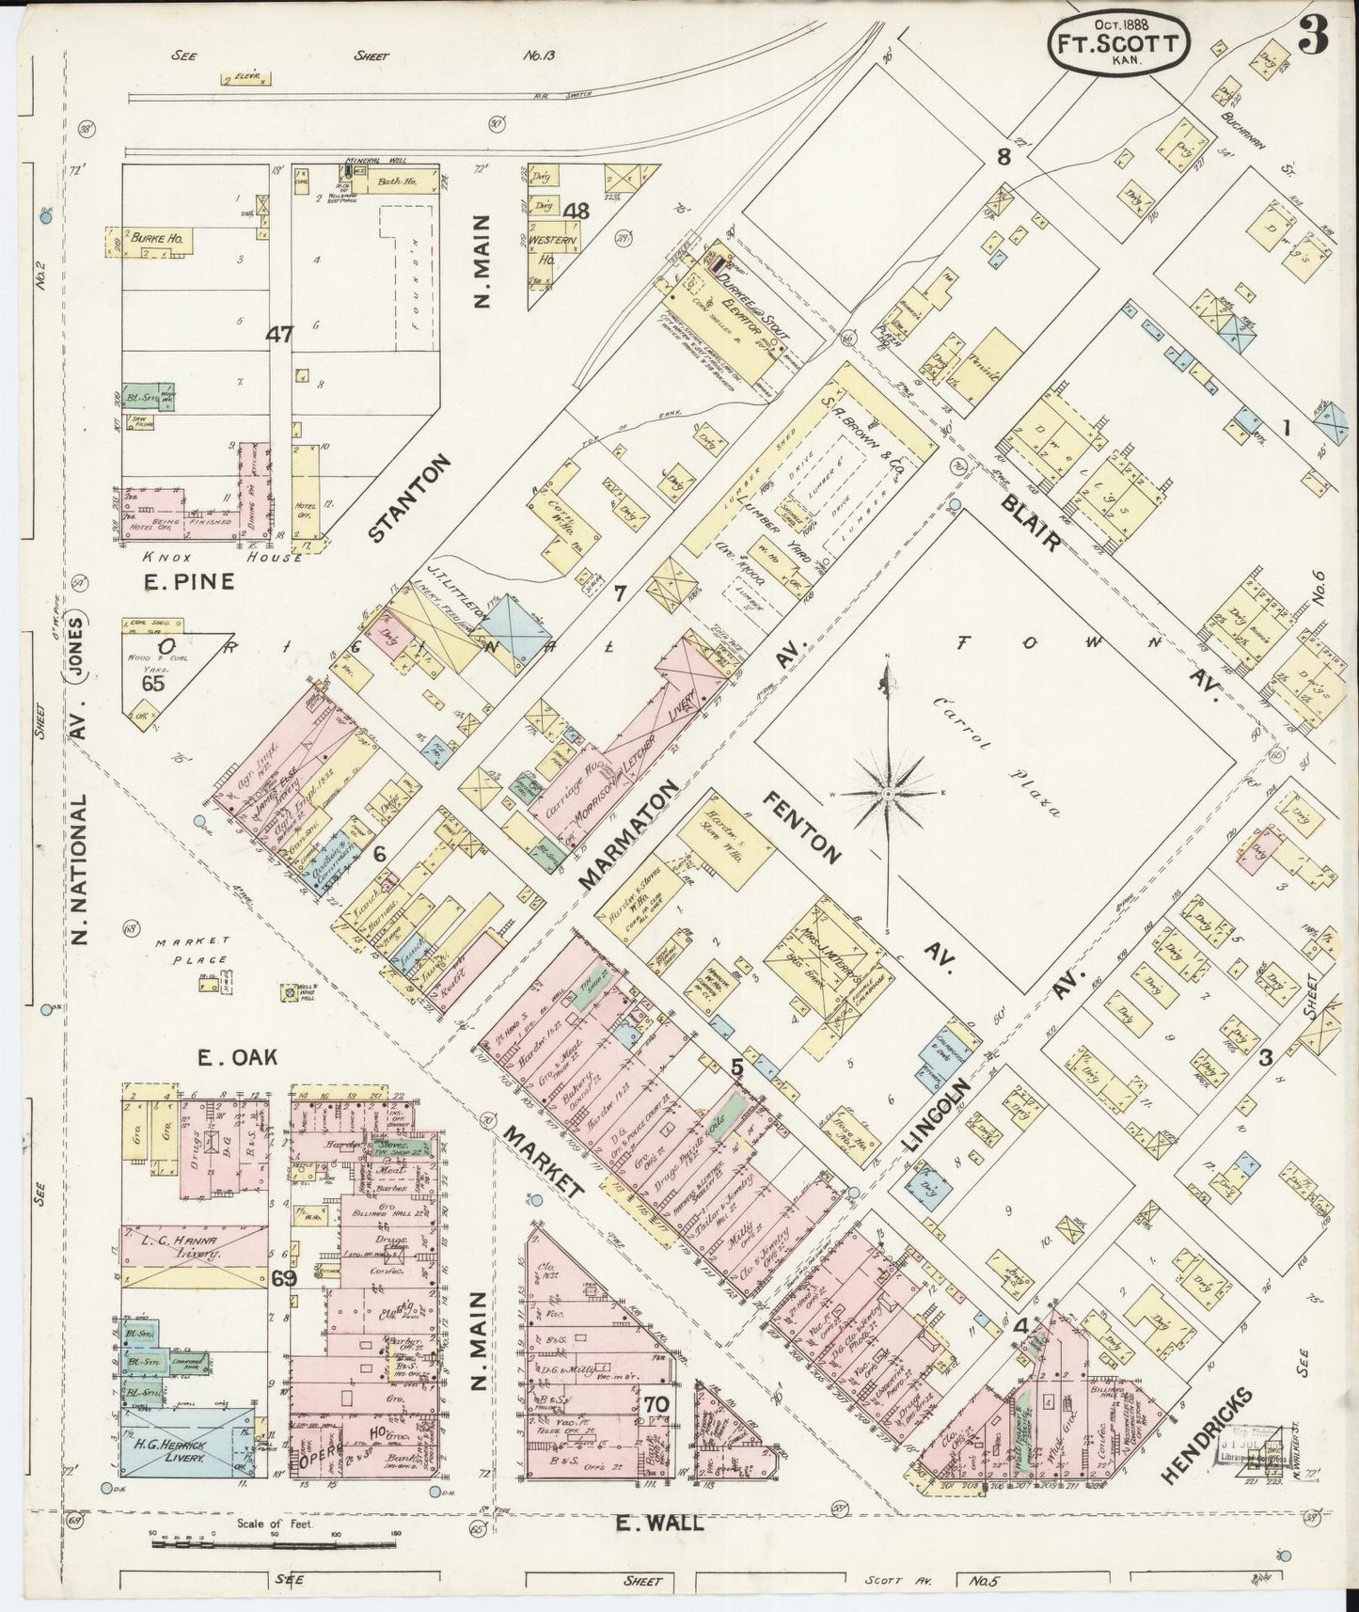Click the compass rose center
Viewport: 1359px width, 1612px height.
coord(887,793)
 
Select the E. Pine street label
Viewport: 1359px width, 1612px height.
coord(188,582)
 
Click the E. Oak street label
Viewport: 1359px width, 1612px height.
coord(238,1056)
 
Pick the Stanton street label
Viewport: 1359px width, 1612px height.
coord(409,498)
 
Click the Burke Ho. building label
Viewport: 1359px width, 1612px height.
coord(154,240)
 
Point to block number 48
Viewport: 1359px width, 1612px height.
coord(575,211)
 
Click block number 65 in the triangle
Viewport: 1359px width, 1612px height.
coord(152,684)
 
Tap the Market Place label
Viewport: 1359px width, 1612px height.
coord(192,950)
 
